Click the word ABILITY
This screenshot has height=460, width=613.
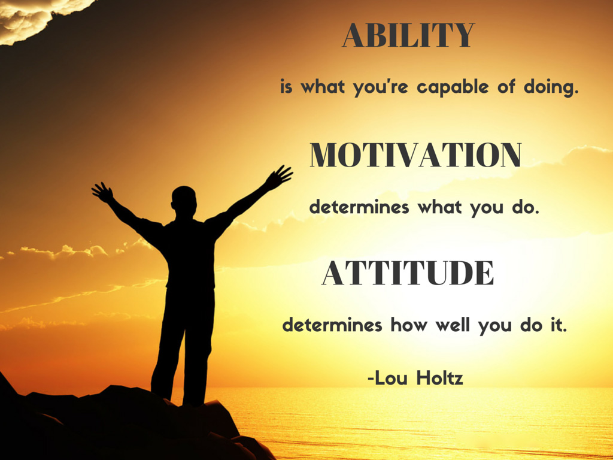point(408,36)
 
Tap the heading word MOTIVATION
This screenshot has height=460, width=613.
point(415,156)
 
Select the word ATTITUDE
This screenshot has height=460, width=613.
point(408,274)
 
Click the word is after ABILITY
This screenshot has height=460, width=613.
point(287,87)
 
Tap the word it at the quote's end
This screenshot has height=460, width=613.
point(557,326)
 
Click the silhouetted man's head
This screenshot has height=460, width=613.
point(184,200)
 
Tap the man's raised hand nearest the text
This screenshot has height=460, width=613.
point(278,177)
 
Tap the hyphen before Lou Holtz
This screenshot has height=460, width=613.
point(371,379)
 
